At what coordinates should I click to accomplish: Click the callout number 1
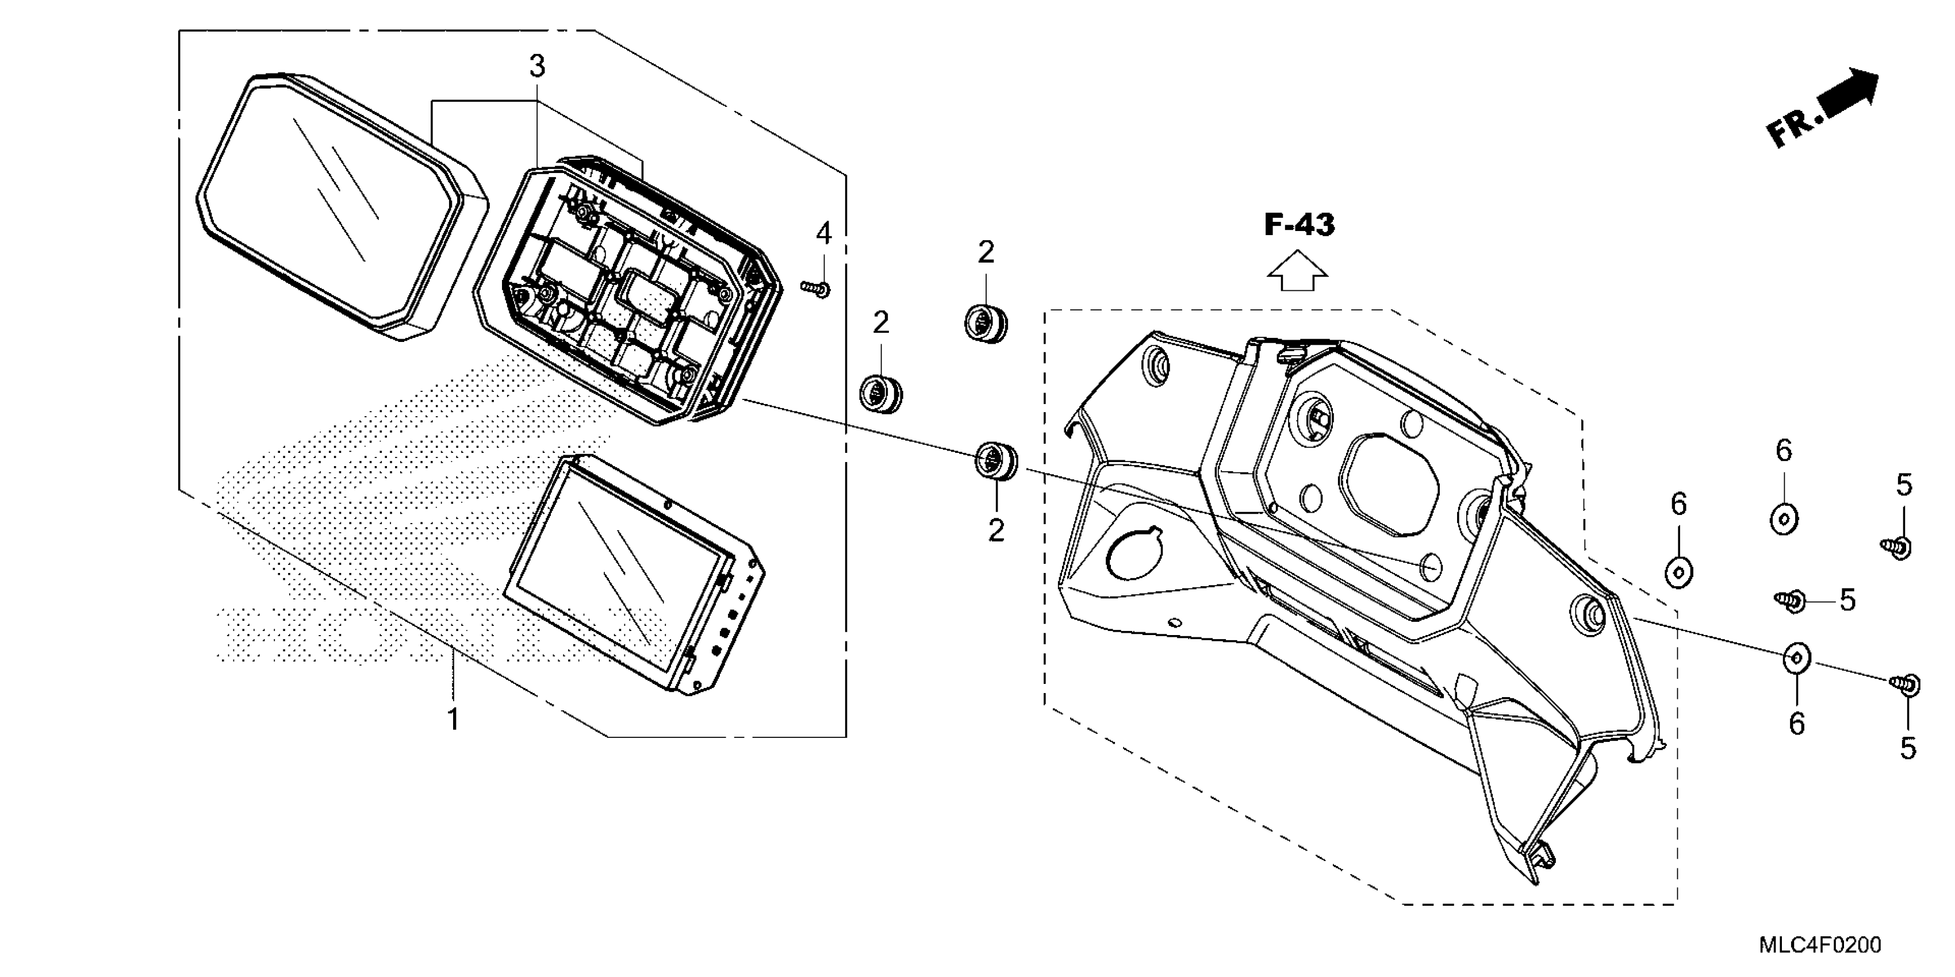pos(453,718)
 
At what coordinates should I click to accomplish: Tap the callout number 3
pos(536,67)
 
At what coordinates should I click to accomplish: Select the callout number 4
pos(823,234)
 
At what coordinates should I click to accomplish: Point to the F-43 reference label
pos(1299,225)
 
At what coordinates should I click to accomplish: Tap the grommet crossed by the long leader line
pos(996,460)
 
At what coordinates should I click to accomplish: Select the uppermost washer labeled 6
pos(1784,520)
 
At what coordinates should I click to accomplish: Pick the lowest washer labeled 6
pos(1796,657)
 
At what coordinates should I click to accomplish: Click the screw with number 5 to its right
pos(1792,601)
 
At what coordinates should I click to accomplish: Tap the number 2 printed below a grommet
pos(996,530)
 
